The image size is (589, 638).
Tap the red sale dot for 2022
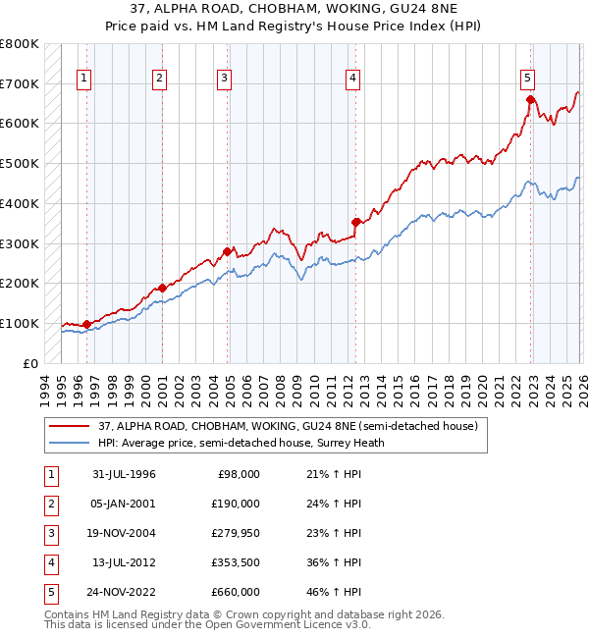(x=530, y=99)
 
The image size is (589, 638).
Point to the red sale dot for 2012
(x=355, y=222)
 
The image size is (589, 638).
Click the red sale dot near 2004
(x=228, y=251)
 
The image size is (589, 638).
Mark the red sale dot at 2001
(x=162, y=288)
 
